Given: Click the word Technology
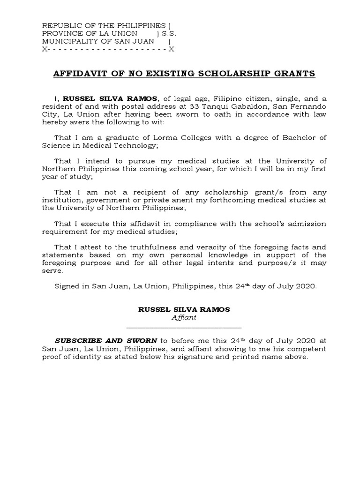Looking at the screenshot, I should pos(138,146).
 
